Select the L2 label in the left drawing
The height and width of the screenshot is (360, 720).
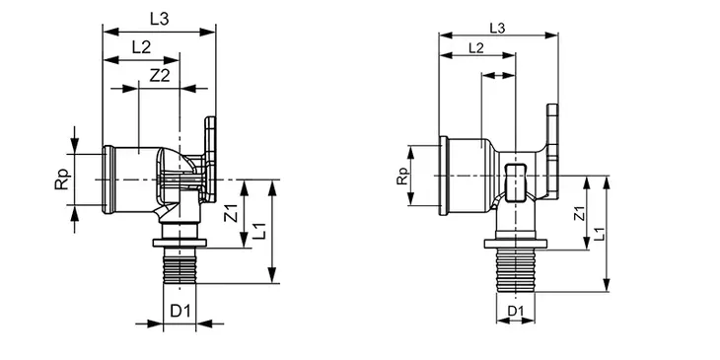[x=141, y=47]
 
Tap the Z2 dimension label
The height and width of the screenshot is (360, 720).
[x=158, y=75]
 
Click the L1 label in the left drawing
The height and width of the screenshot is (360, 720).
[x=258, y=232]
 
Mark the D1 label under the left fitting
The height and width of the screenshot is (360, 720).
[x=179, y=312]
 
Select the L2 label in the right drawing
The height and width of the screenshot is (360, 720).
[x=475, y=47]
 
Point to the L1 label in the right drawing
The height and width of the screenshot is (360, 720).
[x=601, y=234]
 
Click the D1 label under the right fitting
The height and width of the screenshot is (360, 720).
[x=514, y=311]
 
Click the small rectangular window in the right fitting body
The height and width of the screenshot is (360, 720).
[x=514, y=180]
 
